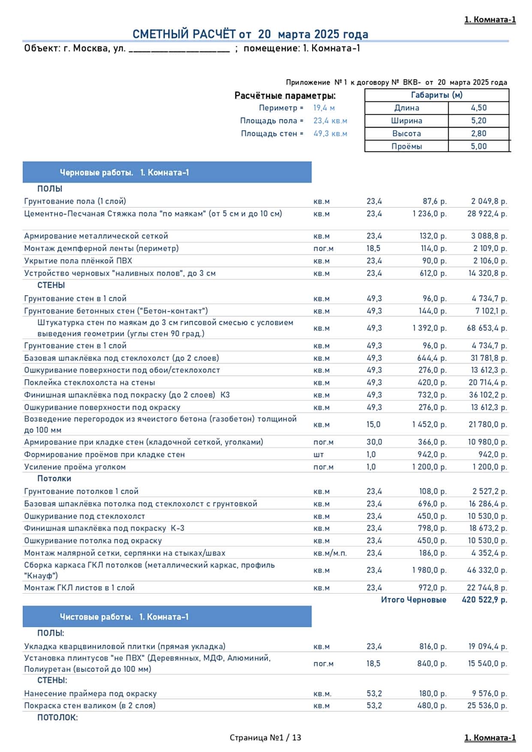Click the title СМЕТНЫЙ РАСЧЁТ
(250, 34)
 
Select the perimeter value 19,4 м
(324, 108)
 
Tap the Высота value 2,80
(478, 133)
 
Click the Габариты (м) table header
(436, 95)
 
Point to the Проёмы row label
(406, 146)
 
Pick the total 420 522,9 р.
(484, 600)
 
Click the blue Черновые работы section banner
(167, 172)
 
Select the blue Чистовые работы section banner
(167, 617)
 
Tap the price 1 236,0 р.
(429, 213)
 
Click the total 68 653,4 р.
(487, 328)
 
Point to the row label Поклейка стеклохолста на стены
(90, 382)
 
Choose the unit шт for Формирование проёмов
(319, 454)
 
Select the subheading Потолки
(54, 479)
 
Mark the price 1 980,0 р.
(429, 570)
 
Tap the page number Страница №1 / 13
(265, 737)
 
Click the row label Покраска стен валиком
(90, 705)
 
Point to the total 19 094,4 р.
(487, 646)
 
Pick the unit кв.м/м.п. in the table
(330, 553)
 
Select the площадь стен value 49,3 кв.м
(330, 134)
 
